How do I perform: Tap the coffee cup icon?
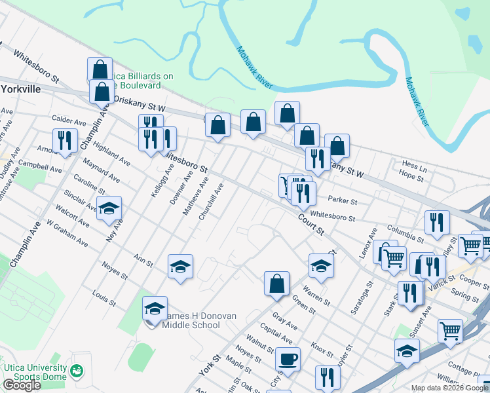(288, 359)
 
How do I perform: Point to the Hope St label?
(412, 176)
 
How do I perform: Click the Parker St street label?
(343, 201)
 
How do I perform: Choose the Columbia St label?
(405, 232)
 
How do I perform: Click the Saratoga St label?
(356, 299)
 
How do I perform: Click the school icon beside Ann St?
(180, 267)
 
